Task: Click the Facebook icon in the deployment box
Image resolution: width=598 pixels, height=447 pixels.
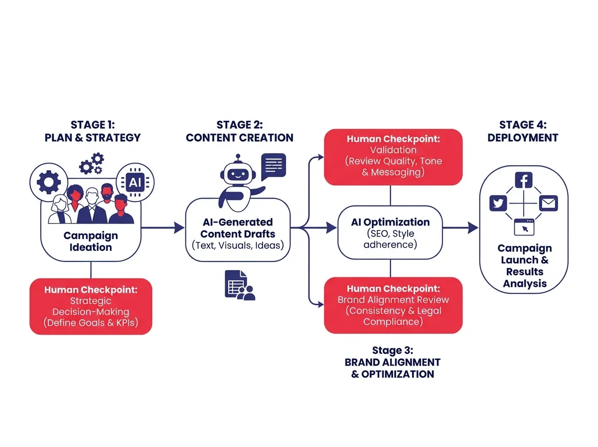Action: tap(524, 180)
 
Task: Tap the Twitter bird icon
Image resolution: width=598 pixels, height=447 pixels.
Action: tap(498, 204)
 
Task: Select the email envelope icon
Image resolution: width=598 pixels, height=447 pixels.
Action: tap(548, 204)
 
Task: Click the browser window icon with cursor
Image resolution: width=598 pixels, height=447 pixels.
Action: tap(524, 227)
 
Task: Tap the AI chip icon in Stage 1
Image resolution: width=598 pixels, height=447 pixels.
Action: tap(135, 183)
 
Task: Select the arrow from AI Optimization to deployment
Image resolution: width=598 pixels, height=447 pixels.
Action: tap(459, 228)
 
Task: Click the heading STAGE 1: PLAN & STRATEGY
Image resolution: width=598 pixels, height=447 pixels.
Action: tap(93, 131)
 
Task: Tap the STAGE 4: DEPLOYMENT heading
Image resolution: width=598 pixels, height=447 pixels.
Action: tap(523, 131)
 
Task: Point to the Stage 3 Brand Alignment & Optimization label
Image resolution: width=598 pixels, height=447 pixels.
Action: tap(392, 362)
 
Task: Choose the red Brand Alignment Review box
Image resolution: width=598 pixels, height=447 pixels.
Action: tap(393, 305)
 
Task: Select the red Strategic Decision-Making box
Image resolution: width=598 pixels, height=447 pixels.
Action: tap(90, 306)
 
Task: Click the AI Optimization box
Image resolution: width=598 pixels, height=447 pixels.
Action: tap(390, 233)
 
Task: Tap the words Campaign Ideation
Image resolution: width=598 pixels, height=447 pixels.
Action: tap(91, 241)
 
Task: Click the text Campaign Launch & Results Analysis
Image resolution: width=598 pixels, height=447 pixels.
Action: tap(525, 266)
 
